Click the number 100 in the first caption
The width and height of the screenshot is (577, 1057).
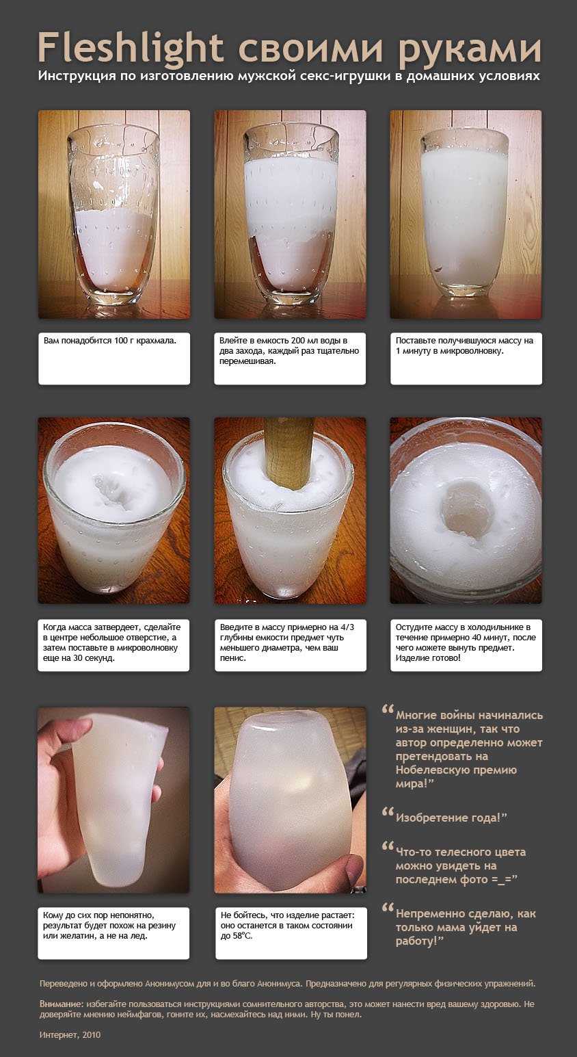(x=121, y=340)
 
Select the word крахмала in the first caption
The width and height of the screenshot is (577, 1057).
(x=156, y=341)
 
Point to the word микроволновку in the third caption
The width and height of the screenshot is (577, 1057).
(x=475, y=351)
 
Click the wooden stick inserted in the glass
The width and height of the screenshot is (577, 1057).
(x=288, y=451)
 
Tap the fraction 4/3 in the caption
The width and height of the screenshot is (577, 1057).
(x=347, y=627)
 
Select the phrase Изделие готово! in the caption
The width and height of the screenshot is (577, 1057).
(x=428, y=657)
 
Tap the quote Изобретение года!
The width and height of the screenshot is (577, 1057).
(x=451, y=818)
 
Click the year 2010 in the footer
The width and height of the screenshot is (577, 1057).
(x=92, y=1035)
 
